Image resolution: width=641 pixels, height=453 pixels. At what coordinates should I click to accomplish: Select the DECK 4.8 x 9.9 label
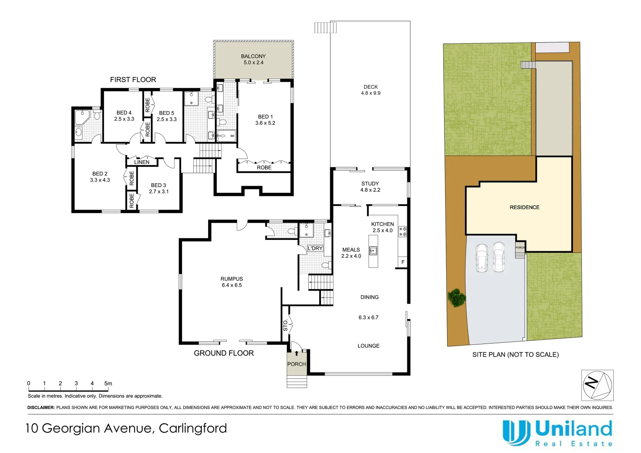[370, 90]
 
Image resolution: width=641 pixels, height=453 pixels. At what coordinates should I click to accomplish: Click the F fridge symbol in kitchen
[403, 262]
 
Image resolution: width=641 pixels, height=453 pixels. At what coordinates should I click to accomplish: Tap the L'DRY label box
[315, 248]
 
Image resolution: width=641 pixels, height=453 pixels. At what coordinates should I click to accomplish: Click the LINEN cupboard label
[141, 162]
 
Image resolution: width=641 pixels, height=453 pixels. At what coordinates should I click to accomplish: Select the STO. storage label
[285, 325]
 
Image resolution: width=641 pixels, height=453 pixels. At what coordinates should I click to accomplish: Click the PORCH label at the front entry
[297, 364]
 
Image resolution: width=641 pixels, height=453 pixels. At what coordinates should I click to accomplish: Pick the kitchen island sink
[373, 251]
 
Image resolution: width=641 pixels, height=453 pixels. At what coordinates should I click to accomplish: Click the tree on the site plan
[456, 298]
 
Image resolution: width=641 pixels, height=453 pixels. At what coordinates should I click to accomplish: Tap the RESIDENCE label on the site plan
[524, 207]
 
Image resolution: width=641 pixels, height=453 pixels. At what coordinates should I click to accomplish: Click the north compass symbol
[597, 385]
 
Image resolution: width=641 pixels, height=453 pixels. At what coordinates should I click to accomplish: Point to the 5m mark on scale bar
[108, 383]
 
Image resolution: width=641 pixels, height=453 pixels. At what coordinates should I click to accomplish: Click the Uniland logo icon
[516, 432]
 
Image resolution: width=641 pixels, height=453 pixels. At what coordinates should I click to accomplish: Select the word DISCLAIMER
[41, 407]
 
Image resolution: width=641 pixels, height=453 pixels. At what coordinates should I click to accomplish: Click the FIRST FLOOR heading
[133, 80]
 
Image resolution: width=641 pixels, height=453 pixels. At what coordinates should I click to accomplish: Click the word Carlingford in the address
[193, 428]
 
